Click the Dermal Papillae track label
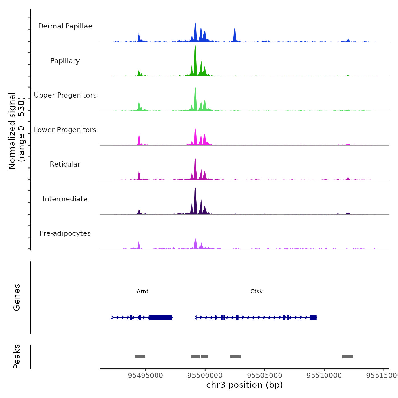(65, 26)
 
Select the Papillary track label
(65, 61)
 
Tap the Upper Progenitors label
(65, 95)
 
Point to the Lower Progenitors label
(65, 130)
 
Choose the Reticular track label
(65, 164)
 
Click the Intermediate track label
(65, 199)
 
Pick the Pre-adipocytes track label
(65, 233)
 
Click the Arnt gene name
(142, 291)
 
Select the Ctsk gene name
(256, 291)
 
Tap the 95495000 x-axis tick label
(145, 375)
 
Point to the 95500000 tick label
(205, 375)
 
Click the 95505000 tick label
(265, 375)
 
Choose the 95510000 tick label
(324, 375)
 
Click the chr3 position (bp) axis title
(244, 385)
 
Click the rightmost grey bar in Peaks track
(347, 357)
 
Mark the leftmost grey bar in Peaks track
(140, 357)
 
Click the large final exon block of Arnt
(161, 317)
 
